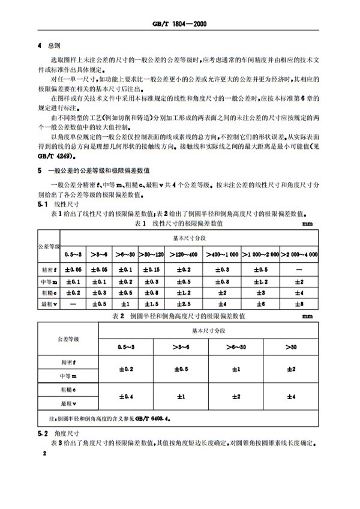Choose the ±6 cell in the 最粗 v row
tap(260, 304)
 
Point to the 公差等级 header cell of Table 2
tap(67, 339)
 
